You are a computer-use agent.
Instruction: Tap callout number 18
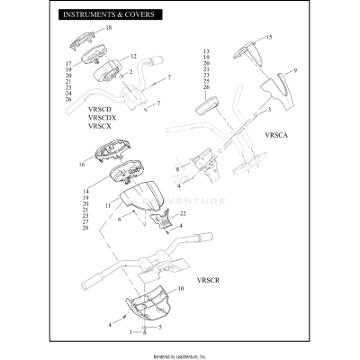(x=109, y=29)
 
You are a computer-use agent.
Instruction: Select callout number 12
(x=132, y=57)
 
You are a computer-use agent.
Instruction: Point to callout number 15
(x=267, y=38)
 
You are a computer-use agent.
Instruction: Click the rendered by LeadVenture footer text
(x=179, y=353)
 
